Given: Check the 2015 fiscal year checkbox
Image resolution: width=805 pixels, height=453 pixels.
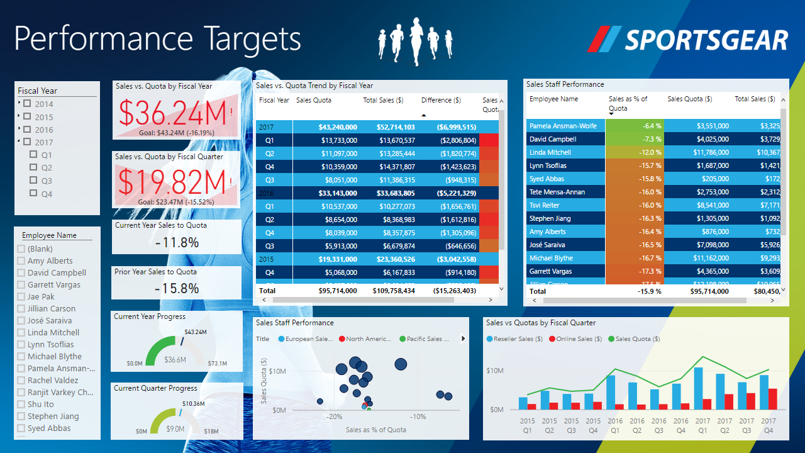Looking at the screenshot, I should (27, 117).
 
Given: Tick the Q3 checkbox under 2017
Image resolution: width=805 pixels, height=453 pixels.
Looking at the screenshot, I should (34, 181).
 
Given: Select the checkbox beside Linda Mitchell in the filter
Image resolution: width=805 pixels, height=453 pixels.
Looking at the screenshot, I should (21, 332).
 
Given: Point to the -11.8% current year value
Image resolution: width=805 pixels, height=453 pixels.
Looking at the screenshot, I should (176, 242).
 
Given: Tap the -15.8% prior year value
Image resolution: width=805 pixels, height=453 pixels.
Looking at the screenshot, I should (176, 288).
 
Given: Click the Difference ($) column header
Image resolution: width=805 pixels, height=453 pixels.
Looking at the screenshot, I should (441, 100).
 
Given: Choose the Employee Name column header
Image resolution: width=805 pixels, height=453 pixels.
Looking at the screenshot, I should (553, 99).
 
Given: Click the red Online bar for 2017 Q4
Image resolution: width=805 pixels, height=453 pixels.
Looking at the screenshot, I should (772, 399).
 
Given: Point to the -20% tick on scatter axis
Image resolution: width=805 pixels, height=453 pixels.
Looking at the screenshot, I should (335, 417).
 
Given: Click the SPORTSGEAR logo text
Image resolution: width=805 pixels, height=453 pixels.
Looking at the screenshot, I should (706, 40).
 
